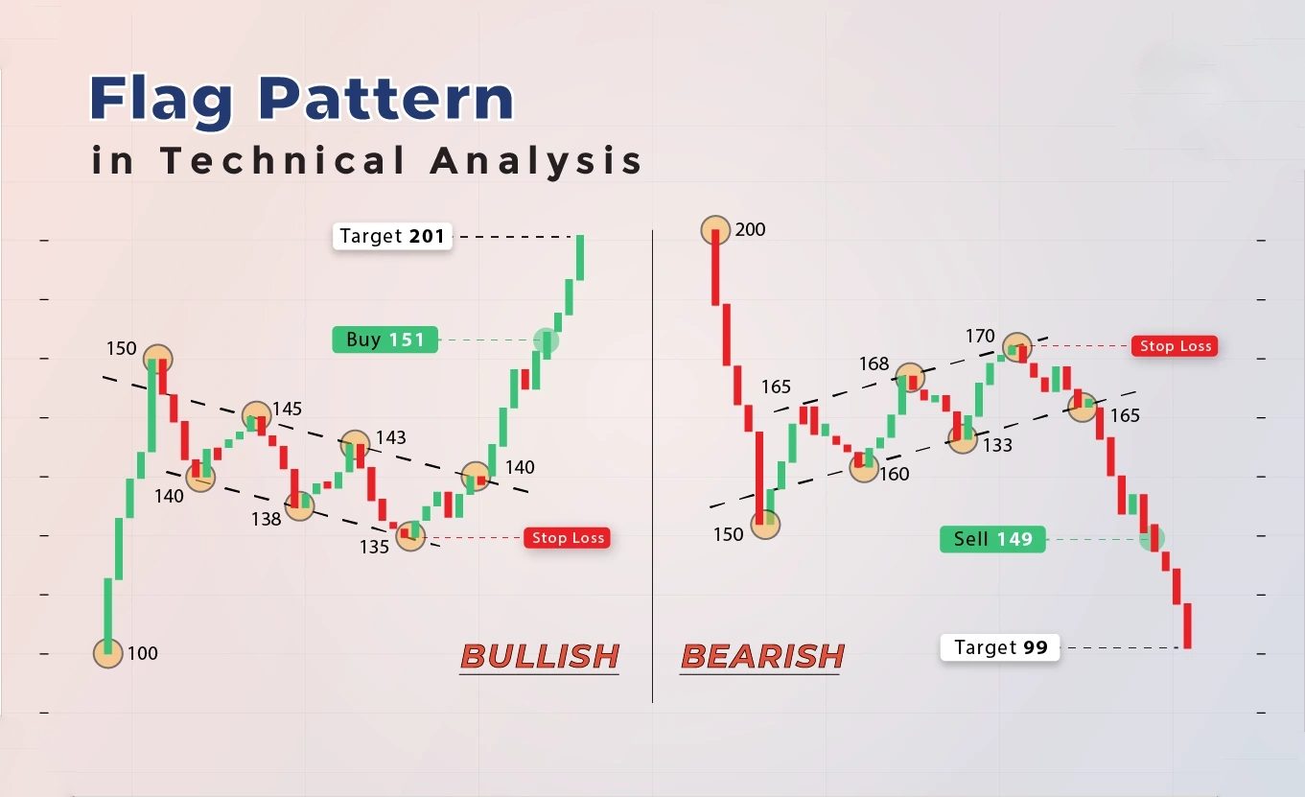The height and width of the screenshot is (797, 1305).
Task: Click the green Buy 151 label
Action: (385, 340)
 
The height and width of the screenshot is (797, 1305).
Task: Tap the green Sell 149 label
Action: (992, 540)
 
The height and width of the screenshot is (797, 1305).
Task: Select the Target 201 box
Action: (392, 237)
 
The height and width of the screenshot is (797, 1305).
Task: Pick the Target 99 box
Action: (1000, 647)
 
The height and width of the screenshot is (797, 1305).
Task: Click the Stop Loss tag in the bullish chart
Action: (568, 538)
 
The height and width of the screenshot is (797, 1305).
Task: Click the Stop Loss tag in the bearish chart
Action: (1175, 346)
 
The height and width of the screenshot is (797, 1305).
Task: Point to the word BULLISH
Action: (540, 656)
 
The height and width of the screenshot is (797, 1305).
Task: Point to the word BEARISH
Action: (762, 656)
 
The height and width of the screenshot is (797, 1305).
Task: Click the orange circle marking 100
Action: (107, 653)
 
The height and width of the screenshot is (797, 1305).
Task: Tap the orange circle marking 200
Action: (715, 229)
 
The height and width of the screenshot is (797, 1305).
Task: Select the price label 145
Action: (288, 409)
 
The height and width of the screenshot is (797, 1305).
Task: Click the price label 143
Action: (391, 437)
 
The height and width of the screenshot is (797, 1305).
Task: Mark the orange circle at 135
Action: (410, 535)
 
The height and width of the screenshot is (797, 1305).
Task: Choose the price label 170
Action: (980, 337)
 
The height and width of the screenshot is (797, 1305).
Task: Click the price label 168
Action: (874, 364)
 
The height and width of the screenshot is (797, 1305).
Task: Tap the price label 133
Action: (997, 446)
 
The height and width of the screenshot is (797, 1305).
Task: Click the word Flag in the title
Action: (161, 100)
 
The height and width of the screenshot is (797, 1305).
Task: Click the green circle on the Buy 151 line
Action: (547, 340)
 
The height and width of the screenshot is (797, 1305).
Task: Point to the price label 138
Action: (267, 519)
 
